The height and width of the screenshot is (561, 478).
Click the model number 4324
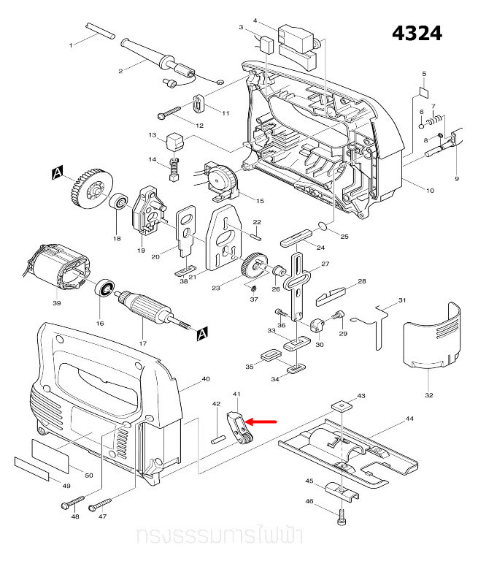pyautogui.click(x=417, y=34)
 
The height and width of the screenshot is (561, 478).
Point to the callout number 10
pyautogui.click(x=430, y=191)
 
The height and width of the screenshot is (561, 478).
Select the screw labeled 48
pyautogui.click(x=69, y=505)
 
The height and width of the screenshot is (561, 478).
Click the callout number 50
pyautogui.click(x=89, y=476)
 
